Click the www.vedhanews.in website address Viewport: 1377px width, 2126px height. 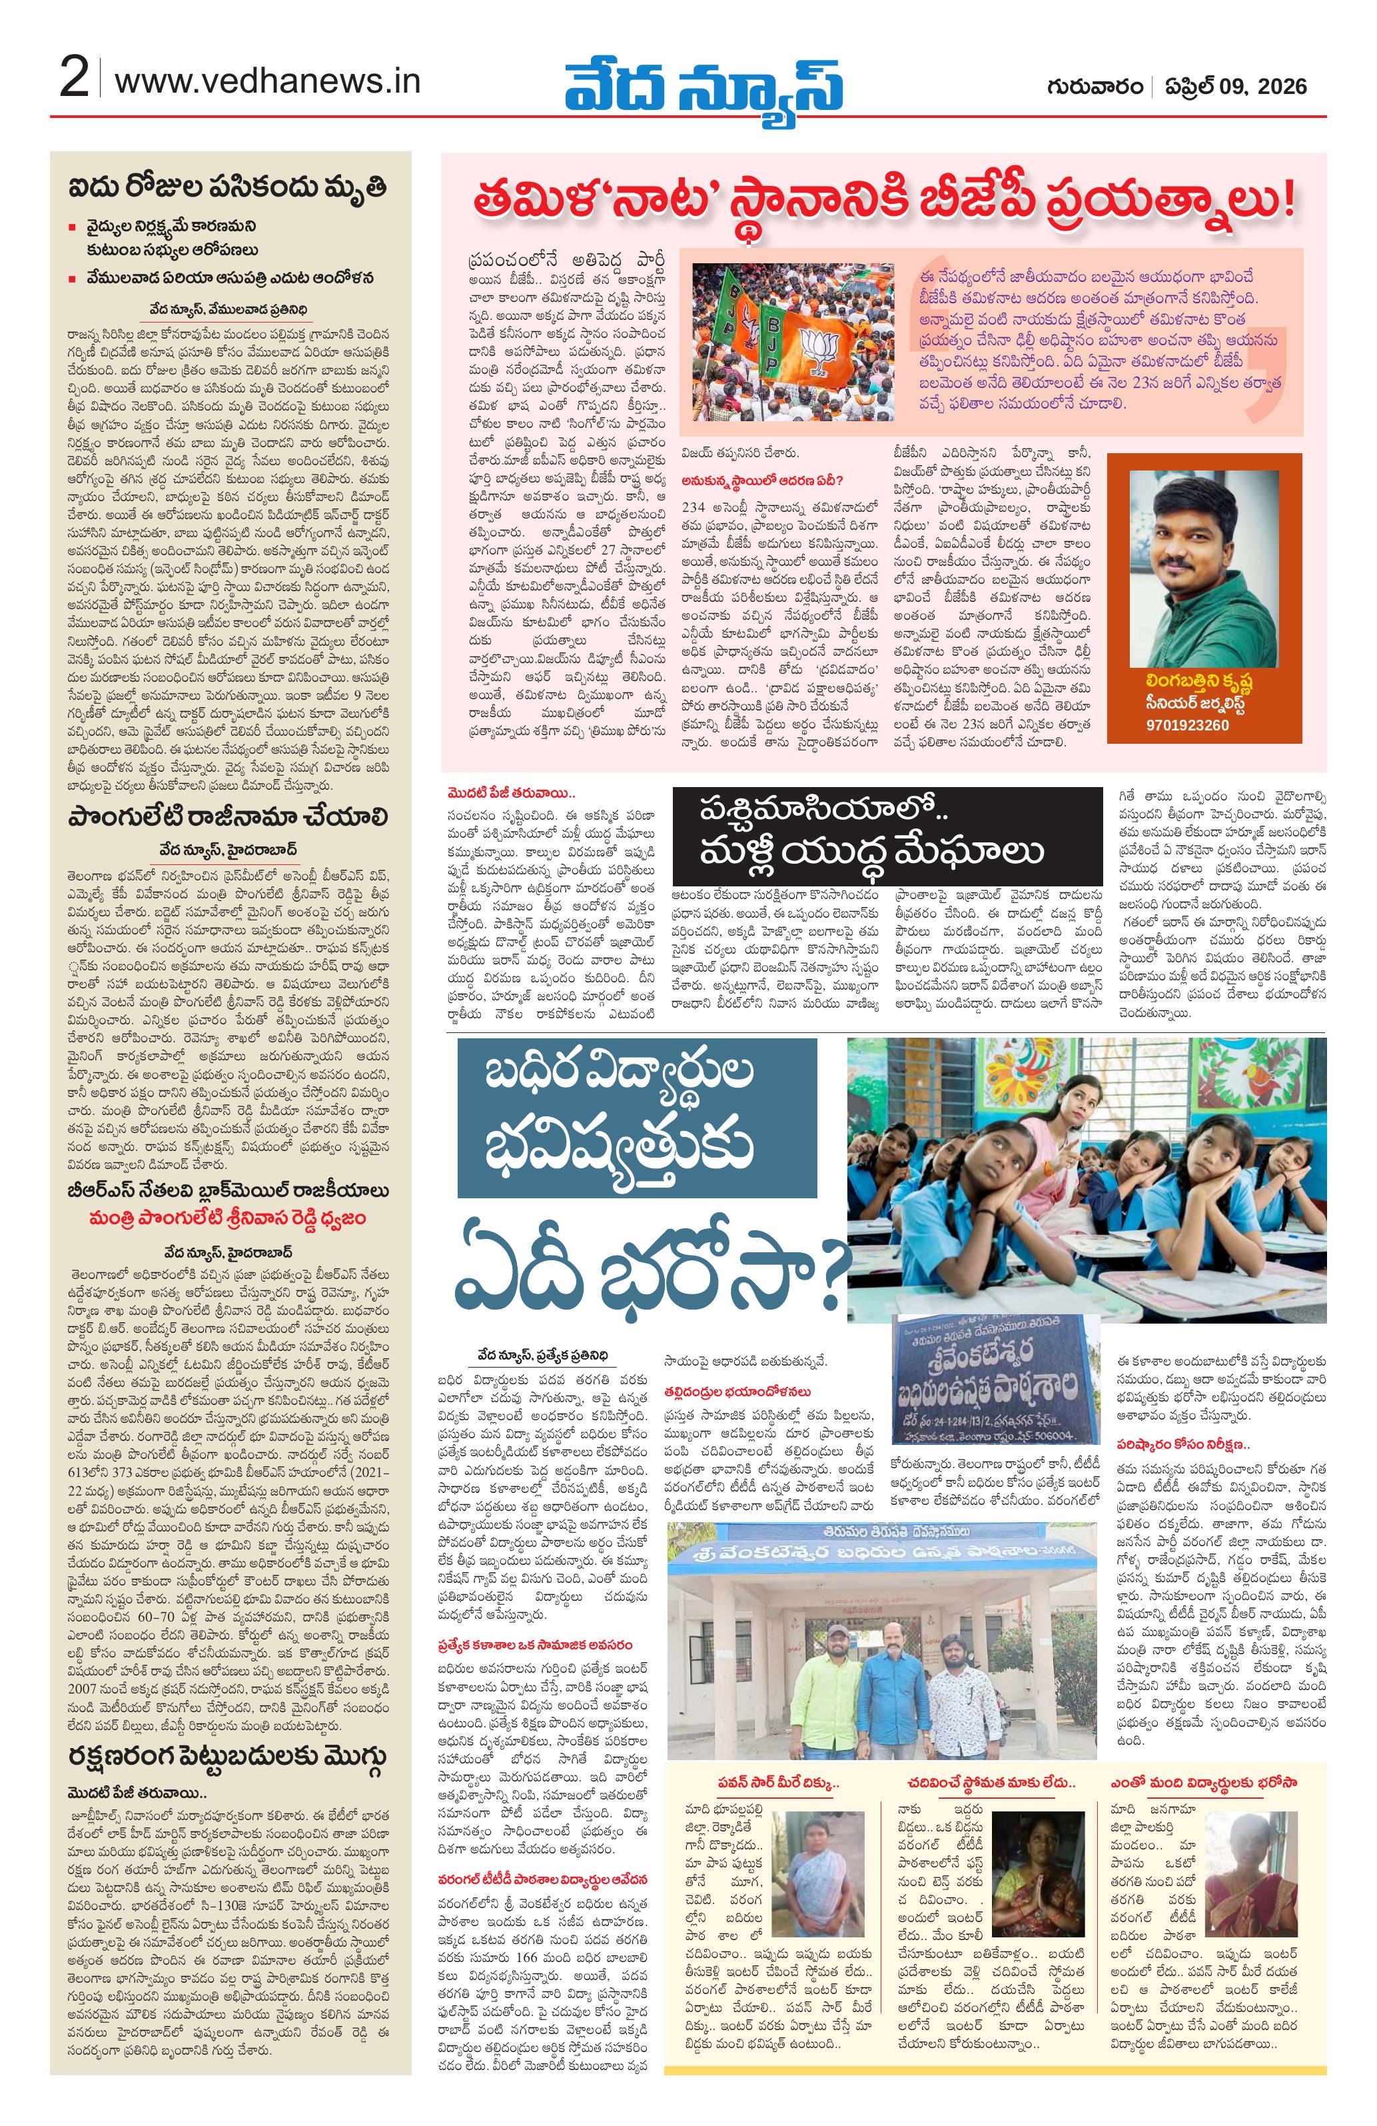pyautogui.click(x=268, y=82)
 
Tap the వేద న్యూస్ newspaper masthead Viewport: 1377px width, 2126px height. pyautogui.click(x=703, y=85)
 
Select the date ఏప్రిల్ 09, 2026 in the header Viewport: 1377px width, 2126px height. pyautogui.click(x=1236, y=87)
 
